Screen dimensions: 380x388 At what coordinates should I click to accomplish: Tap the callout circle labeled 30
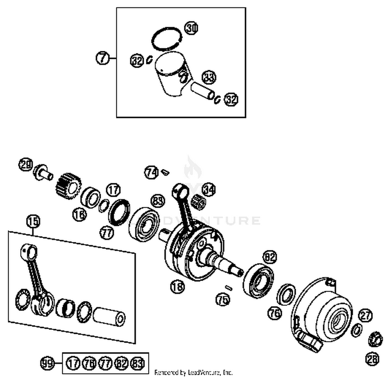191,28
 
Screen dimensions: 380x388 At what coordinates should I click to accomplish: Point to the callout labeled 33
209,77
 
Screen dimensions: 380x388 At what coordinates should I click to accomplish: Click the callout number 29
26,165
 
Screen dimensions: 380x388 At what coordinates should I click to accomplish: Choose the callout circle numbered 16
79,214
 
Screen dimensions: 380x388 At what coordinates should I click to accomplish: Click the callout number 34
208,190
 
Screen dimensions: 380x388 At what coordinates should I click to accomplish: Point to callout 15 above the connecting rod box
33,221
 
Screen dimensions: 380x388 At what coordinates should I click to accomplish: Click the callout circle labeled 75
223,300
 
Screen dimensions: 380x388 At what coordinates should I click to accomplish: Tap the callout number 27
365,315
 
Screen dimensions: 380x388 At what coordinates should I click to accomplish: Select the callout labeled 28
372,359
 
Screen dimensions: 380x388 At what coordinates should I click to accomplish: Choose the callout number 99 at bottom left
47,363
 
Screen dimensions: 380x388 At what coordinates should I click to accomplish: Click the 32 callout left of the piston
137,61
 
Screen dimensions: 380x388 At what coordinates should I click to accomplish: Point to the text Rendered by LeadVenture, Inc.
193,373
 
